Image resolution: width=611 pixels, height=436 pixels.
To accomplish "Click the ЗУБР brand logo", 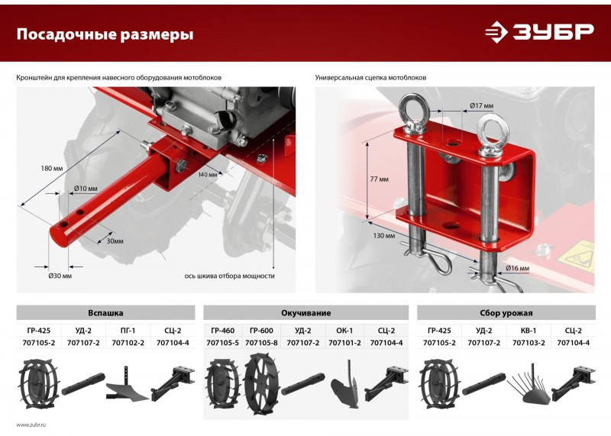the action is (x=539, y=31).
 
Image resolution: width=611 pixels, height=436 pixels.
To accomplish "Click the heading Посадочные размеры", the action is (x=105, y=34).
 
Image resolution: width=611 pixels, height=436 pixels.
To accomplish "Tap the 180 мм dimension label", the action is (x=51, y=169).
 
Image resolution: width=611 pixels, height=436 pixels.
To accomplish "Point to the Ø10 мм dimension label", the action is (x=86, y=189).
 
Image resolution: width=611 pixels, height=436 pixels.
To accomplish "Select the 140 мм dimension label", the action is (x=208, y=175).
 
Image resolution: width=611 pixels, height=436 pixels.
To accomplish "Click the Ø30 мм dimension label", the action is (x=60, y=276).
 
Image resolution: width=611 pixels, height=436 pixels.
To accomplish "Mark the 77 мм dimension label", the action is (x=379, y=179).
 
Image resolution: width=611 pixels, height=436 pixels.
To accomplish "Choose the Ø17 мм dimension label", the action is (x=482, y=105).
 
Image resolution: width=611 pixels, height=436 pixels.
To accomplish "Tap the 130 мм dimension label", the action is (x=384, y=236).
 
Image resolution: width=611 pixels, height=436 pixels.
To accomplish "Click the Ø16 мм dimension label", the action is (x=518, y=268).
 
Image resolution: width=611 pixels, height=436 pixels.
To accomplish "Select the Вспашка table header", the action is (x=105, y=313).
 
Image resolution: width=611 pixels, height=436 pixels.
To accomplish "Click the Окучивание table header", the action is (x=306, y=313).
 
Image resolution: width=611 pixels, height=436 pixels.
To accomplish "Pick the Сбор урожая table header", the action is (x=506, y=313).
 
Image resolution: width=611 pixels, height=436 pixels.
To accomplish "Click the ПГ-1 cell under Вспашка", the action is (x=128, y=331).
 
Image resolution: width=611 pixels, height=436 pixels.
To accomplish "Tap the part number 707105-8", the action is (x=261, y=343).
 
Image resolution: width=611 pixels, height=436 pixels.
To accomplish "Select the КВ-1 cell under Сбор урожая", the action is (x=529, y=331).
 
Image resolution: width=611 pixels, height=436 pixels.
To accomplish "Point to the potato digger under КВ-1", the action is (x=529, y=386).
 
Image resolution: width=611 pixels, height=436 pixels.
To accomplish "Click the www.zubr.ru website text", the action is (x=31, y=425).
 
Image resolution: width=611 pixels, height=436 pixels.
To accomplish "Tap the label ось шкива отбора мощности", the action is (x=230, y=276).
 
